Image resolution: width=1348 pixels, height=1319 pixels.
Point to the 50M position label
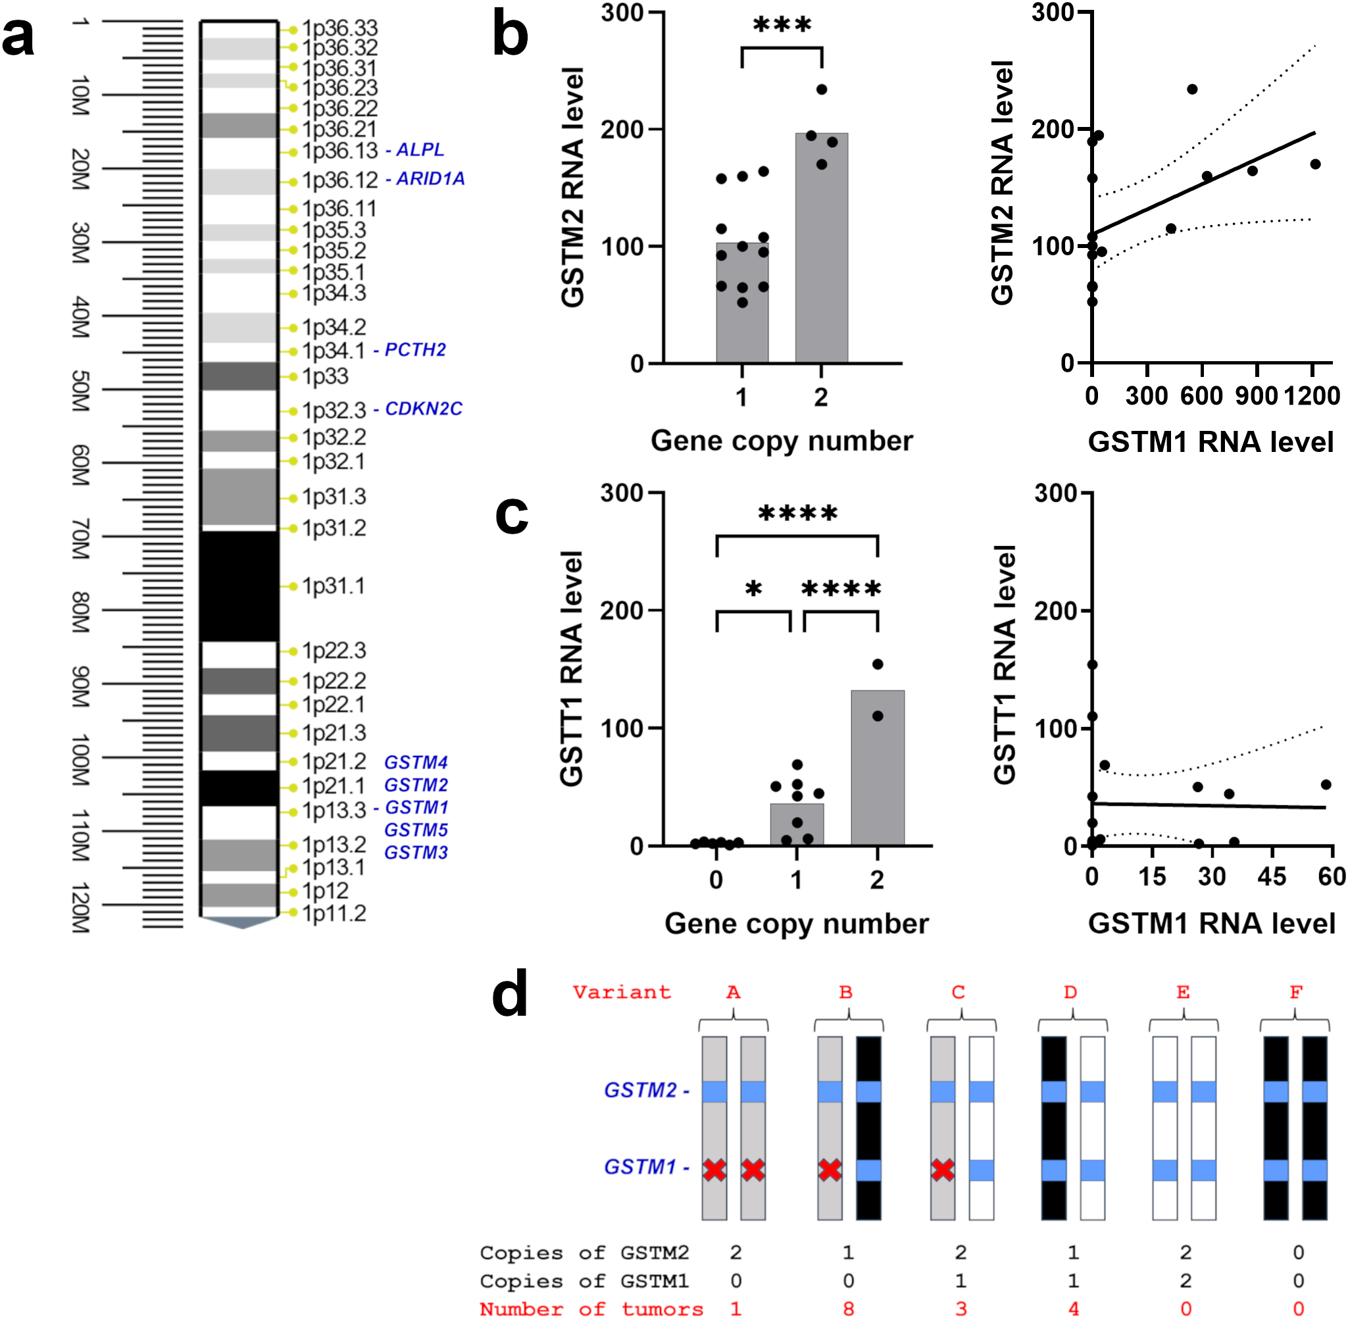(x=80, y=391)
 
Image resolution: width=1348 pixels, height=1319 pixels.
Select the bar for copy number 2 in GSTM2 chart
(x=821, y=249)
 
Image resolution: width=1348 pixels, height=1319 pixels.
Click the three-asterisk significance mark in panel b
(x=782, y=26)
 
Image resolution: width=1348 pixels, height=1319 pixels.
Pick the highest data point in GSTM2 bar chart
(x=822, y=89)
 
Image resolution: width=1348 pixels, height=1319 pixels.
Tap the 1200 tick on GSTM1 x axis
(x=1311, y=396)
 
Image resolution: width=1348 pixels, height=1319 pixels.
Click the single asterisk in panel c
(x=753, y=590)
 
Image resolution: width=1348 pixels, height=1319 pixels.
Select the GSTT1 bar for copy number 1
(x=797, y=824)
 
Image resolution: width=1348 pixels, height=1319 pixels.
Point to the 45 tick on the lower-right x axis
(x=1272, y=878)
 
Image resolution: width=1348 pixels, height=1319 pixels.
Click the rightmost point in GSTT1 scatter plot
(x=1325, y=785)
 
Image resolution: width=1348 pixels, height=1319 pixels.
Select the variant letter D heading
(x=1070, y=993)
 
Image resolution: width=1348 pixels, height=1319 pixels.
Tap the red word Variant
(x=621, y=992)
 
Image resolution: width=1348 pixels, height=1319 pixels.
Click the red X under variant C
(x=942, y=1171)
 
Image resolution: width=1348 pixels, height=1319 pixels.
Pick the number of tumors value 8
(x=848, y=1308)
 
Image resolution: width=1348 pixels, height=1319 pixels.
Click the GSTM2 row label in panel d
(x=640, y=1090)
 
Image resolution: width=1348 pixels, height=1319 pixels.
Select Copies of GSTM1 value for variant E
(x=1186, y=1281)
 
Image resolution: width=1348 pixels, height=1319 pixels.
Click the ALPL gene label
(x=420, y=149)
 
